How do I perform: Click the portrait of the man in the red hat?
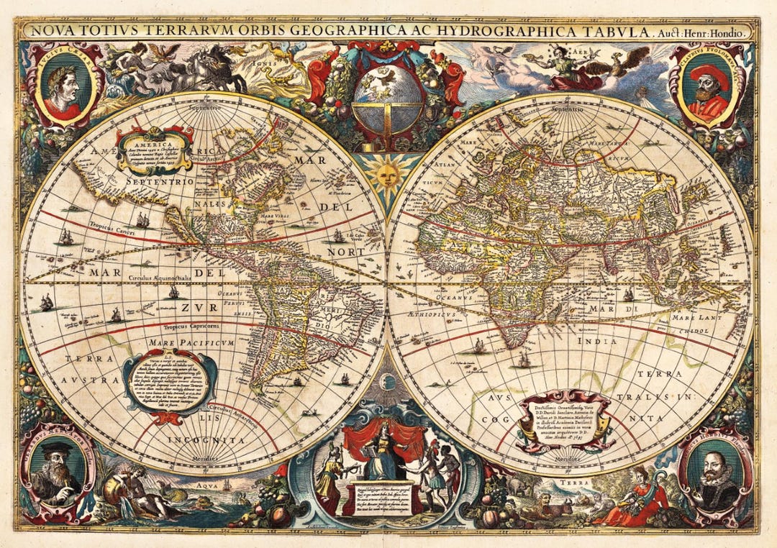[x=706, y=91]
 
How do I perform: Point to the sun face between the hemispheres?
[x=388, y=174]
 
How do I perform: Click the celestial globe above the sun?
[x=388, y=96]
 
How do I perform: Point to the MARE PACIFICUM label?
[x=193, y=343]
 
